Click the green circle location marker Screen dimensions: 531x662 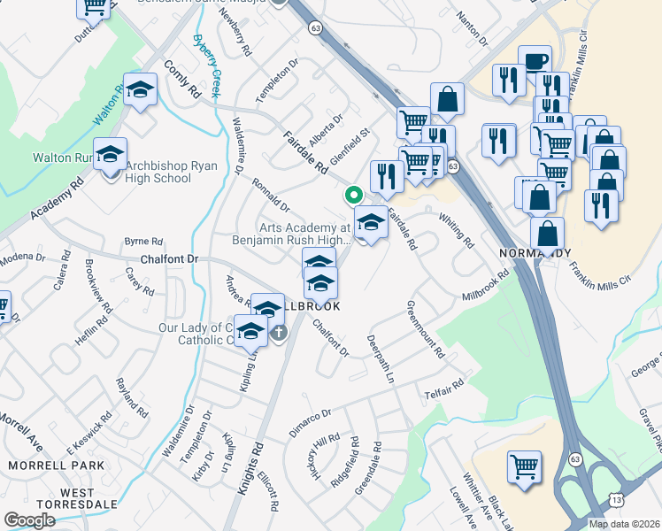[x=353, y=194]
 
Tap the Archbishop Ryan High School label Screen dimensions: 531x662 [x=158, y=172]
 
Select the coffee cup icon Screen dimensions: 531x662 [x=535, y=61]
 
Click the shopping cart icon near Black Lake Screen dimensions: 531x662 [x=524, y=466]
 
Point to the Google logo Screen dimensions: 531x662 [x=29, y=520]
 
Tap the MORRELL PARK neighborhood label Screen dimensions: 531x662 [x=43, y=465]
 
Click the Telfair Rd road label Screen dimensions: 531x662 [x=443, y=387]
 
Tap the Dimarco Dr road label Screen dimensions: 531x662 [x=310, y=424]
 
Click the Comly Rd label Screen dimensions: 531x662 [x=183, y=79]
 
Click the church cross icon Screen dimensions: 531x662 [x=279, y=333]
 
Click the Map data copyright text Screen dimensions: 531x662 [x=625, y=524]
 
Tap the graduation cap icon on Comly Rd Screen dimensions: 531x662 [x=140, y=89]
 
